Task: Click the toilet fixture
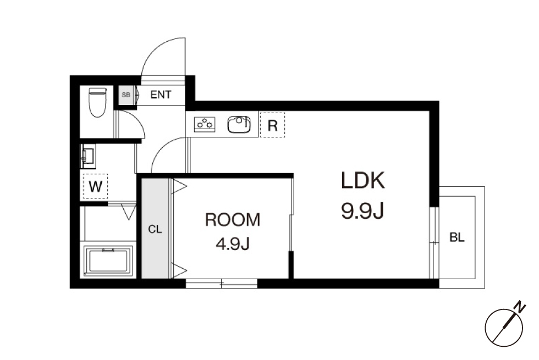tap(98, 102)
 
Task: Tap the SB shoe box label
tap(126, 95)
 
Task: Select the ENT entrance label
tap(161, 95)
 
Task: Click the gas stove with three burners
tap(205, 124)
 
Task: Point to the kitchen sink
tap(239, 124)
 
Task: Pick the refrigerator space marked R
tap(272, 125)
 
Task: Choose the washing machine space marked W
tap(95, 186)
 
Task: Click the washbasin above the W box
tap(88, 156)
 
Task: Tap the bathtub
tap(108, 261)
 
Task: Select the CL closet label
tap(155, 229)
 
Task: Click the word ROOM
tap(233, 220)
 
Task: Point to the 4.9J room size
tap(233, 244)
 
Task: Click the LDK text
tap(362, 180)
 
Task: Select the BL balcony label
tap(457, 237)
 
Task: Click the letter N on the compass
tap(521, 307)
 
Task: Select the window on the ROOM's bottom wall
tap(221, 284)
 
